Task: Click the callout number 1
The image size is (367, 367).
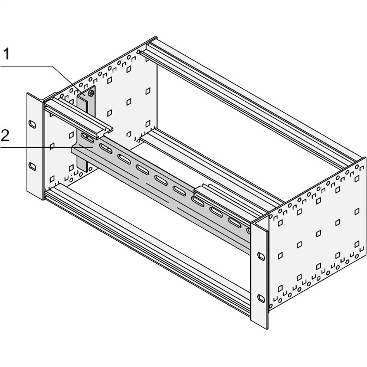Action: pyautogui.click(x=6, y=55)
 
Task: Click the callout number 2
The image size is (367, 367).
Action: pyautogui.click(x=5, y=135)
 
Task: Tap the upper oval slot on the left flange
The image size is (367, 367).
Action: pyautogui.click(x=32, y=124)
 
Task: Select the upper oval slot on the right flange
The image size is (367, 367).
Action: pyautogui.click(x=261, y=256)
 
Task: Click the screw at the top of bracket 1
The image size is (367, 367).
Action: pyautogui.click(x=91, y=93)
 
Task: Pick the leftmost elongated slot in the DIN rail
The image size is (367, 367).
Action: pyautogui.click(x=87, y=138)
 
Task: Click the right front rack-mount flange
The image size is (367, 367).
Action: pyautogui.click(x=259, y=275)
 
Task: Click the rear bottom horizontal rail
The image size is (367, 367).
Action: pyautogui.click(x=211, y=165)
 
